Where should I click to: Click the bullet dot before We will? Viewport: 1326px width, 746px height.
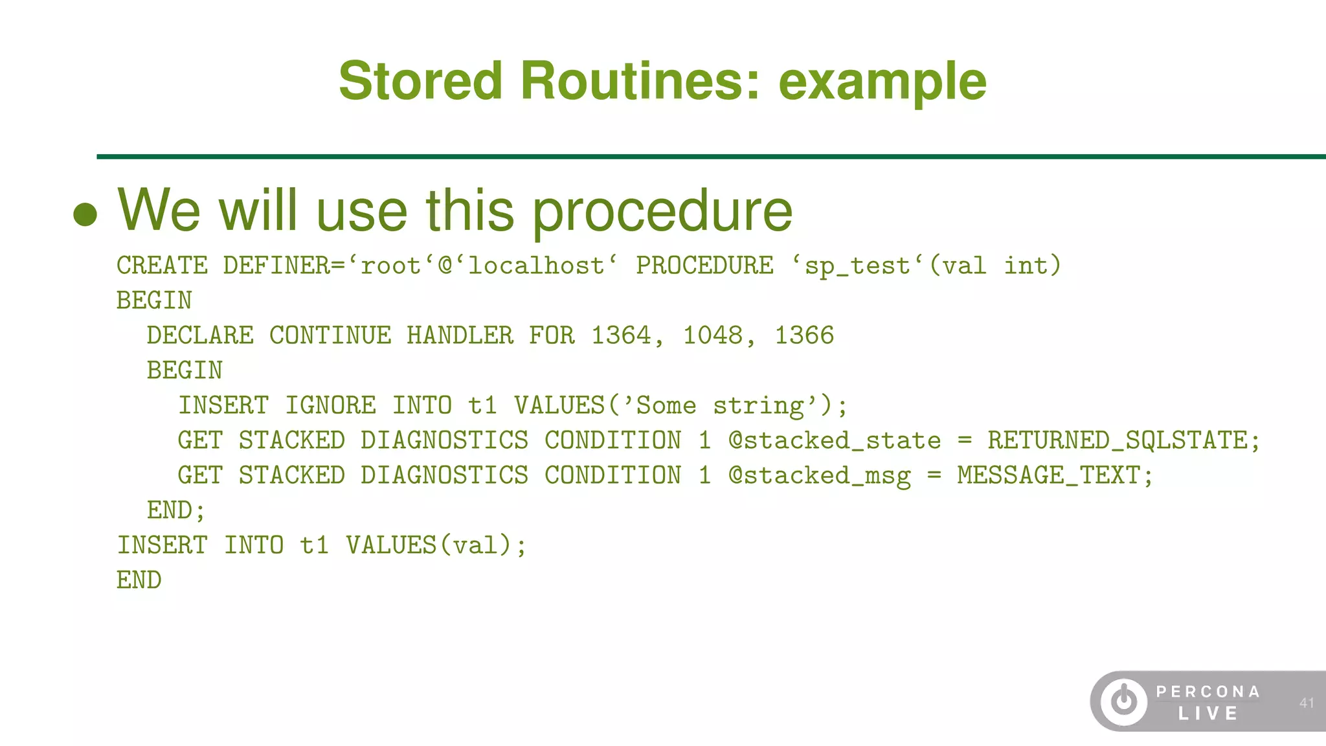[x=85, y=214]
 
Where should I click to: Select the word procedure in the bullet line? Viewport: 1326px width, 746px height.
[x=662, y=210]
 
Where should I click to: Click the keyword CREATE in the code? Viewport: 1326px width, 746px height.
[x=162, y=266]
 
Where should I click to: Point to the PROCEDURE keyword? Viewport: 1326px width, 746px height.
[x=704, y=266]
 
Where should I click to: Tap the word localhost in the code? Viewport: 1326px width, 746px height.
[x=536, y=266]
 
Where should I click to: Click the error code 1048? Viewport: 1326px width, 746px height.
[x=713, y=335]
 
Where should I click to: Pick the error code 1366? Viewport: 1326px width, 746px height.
[x=804, y=335]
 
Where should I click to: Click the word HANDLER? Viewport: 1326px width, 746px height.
[x=460, y=335]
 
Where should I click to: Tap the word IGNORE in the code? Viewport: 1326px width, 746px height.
[x=330, y=405]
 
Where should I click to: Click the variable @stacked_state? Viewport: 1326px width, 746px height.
[x=835, y=440]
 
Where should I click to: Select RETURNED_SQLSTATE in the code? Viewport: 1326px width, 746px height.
[x=1117, y=440]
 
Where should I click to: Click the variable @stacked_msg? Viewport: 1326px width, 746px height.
[x=819, y=475]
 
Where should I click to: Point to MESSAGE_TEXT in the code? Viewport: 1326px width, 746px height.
[x=1048, y=475]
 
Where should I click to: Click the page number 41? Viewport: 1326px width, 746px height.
[x=1307, y=703]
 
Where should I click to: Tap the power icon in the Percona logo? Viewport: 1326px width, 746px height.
[x=1124, y=701]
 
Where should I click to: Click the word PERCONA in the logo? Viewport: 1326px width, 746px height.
[x=1208, y=692]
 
